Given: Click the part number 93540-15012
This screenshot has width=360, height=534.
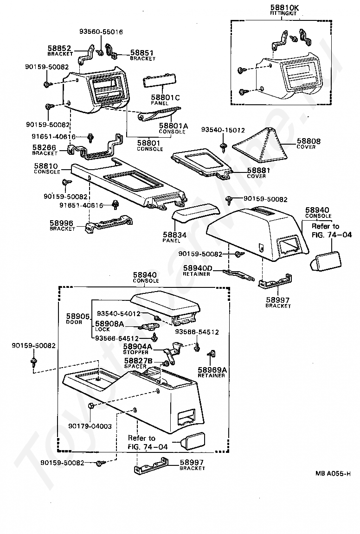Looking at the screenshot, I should [223, 130].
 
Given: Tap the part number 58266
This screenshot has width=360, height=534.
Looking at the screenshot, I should [44, 147].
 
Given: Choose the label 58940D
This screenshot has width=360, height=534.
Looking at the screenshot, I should [197, 268].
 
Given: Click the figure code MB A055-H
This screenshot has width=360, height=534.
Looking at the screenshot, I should [333, 473].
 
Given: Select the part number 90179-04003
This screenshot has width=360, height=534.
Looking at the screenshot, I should [90, 426].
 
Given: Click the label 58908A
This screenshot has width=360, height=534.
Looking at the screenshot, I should [109, 324].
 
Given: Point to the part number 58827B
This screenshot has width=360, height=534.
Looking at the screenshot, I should [139, 361].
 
